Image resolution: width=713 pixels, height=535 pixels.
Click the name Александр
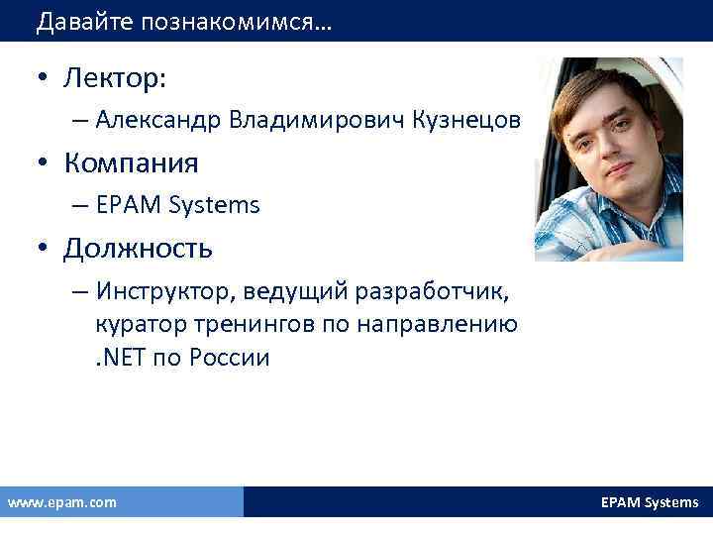[x=159, y=120]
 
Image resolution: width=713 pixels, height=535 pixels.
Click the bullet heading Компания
[x=131, y=162]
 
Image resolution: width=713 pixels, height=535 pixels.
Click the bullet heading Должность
[x=138, y=247]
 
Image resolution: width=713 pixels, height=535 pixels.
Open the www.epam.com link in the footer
[x=61, y=502]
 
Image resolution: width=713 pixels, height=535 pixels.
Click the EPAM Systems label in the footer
[x=650, y=502]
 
